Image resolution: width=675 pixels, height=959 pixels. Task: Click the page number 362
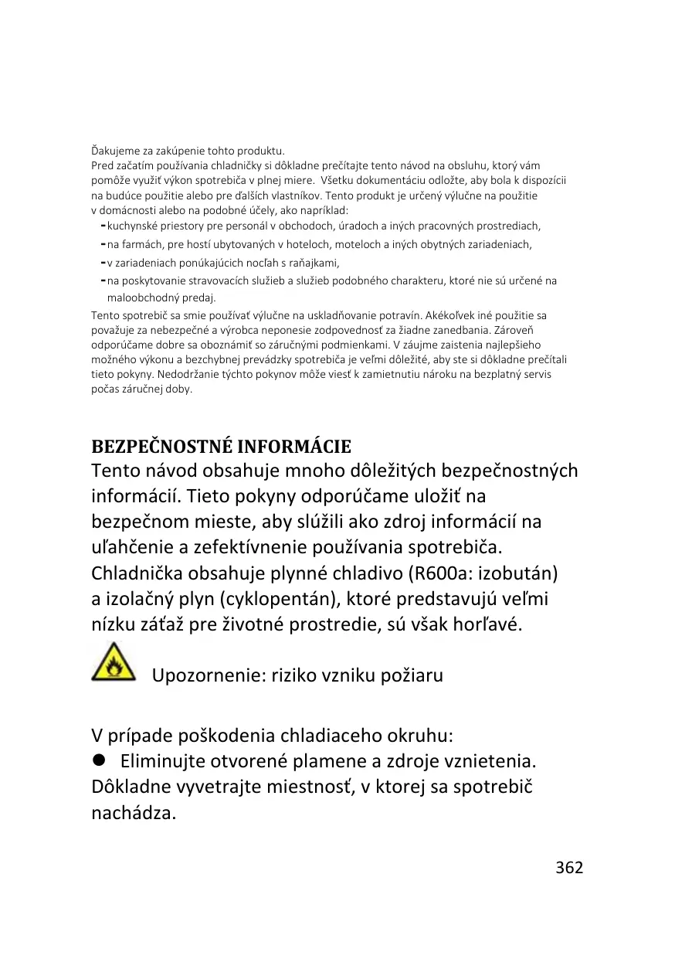[x=569, y=867]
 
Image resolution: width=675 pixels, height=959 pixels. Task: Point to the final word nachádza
[x=134, y=813]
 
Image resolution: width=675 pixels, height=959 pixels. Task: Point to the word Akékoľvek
[x=457, y=315]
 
